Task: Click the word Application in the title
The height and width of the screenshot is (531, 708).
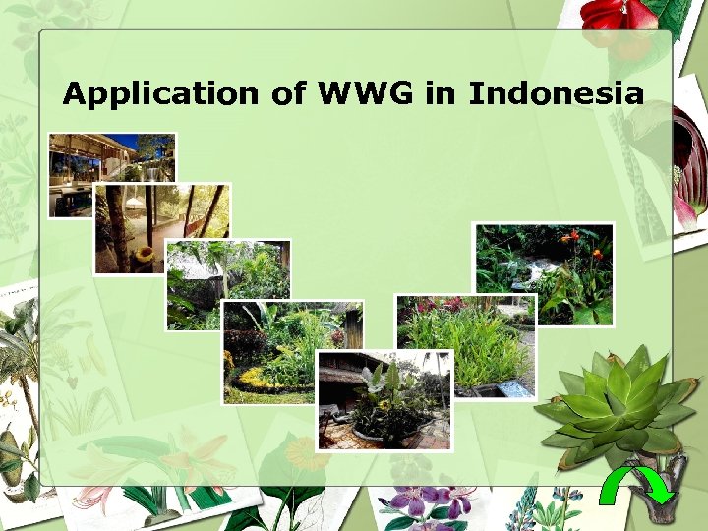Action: [159, 94]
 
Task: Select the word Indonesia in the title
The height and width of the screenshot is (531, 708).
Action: [556, 94]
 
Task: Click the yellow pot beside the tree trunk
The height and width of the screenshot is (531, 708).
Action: [145, 255]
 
